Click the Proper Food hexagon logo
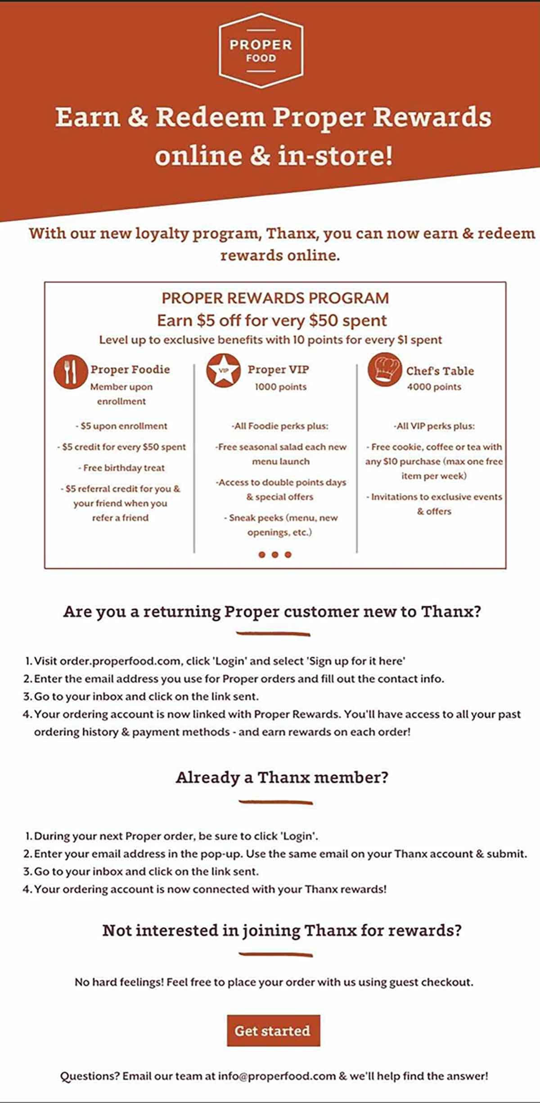261,50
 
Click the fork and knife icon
70,372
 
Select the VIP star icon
223,371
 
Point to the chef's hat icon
384,370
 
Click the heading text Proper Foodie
130,370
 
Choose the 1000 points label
280,387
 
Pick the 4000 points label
434,387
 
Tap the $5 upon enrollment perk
121,426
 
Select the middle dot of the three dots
275,555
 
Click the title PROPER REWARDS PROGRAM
275,298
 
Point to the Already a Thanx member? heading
282,778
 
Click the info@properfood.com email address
277,1076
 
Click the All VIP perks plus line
434,426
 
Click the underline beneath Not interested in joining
275,954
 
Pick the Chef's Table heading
440,371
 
